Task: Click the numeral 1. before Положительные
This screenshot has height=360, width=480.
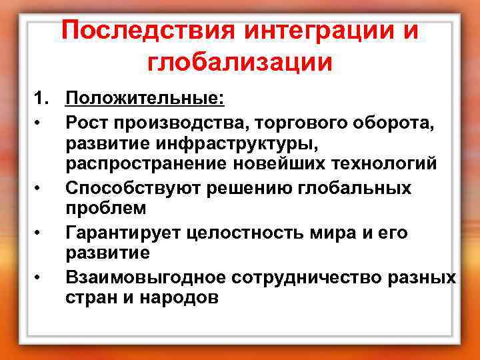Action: pyautogui.click(x=43, y=100)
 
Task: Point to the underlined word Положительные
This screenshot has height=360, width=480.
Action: pyautogui.click(x=145, y=100)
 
